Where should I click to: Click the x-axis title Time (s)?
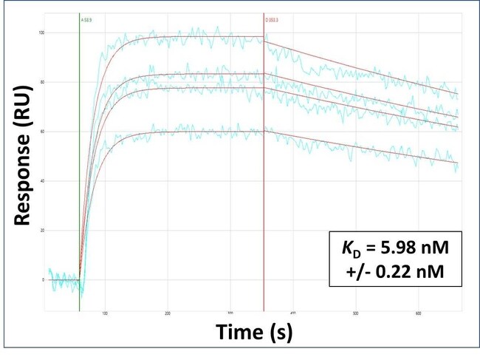click(x=254, y=333)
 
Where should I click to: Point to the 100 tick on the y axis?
click(x=41, y=33)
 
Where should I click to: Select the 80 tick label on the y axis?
click(x=42, y=82)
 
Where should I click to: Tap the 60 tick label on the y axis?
click(x=42, y=132)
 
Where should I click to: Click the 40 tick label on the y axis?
click(x=42, y=181)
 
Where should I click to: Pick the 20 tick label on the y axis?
click(x=42, y=231)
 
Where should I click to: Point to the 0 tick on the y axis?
click(x=44, y=280)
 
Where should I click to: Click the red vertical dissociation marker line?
click(x=264, y=185)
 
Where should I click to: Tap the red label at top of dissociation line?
click(x=272, y=21)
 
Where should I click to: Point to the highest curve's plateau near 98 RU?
click(x=192, y=36)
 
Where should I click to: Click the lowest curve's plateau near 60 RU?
click(x=192, y=132)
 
